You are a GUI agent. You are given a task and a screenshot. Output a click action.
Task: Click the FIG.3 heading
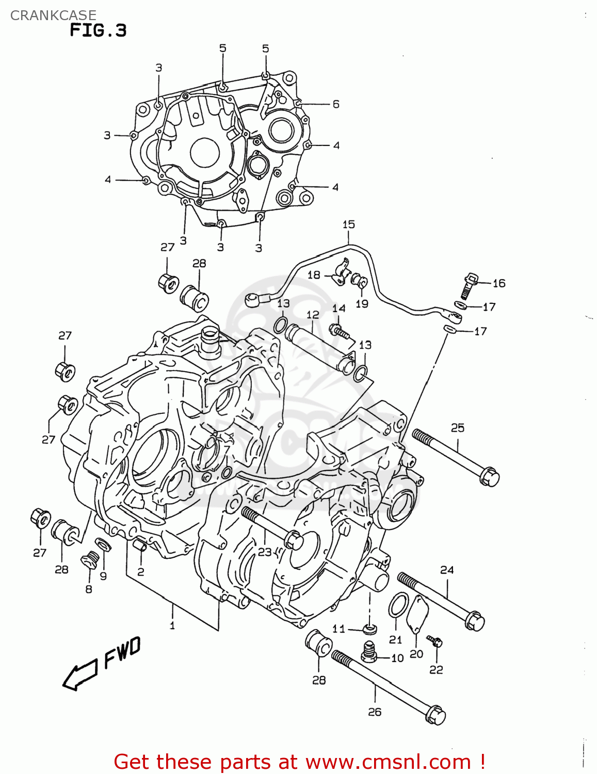click(x=98, y=30)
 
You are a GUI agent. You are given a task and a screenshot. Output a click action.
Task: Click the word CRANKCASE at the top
click(x=53, y=15)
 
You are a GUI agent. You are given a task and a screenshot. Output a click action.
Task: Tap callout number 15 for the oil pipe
click(x=348, y=224)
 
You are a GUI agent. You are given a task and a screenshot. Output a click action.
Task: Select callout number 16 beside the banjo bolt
click(x=499, y=283)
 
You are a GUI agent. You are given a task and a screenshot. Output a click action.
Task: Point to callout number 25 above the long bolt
click(x=458, y=428)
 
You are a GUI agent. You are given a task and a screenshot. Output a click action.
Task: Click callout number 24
click(x=447, y=570)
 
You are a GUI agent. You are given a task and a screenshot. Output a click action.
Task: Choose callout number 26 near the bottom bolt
click(x=375, y=712)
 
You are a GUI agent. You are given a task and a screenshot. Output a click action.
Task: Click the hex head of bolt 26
click(x=436, y=715)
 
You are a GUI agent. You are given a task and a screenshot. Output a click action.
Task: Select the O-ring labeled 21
click(x=398, y=605)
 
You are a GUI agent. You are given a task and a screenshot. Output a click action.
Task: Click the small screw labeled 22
click(x=437, y=643)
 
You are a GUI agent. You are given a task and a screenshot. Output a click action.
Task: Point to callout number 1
click(x=172, y=625)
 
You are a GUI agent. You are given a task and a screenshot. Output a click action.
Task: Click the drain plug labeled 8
click(x=90, y=560)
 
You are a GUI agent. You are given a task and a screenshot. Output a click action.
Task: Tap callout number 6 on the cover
click(x=336, y=104)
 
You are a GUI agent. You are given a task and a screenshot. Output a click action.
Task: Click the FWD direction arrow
click(x=79, y=674)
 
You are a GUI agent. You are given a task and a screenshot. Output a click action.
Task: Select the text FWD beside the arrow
click(x=122, y=652)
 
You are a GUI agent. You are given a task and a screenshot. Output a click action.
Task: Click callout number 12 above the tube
click(x=313, y=315)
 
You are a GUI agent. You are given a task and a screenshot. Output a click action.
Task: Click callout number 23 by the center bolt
click(x=265, y=552)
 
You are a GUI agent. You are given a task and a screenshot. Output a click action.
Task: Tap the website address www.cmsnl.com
click(x=388, y=762)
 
